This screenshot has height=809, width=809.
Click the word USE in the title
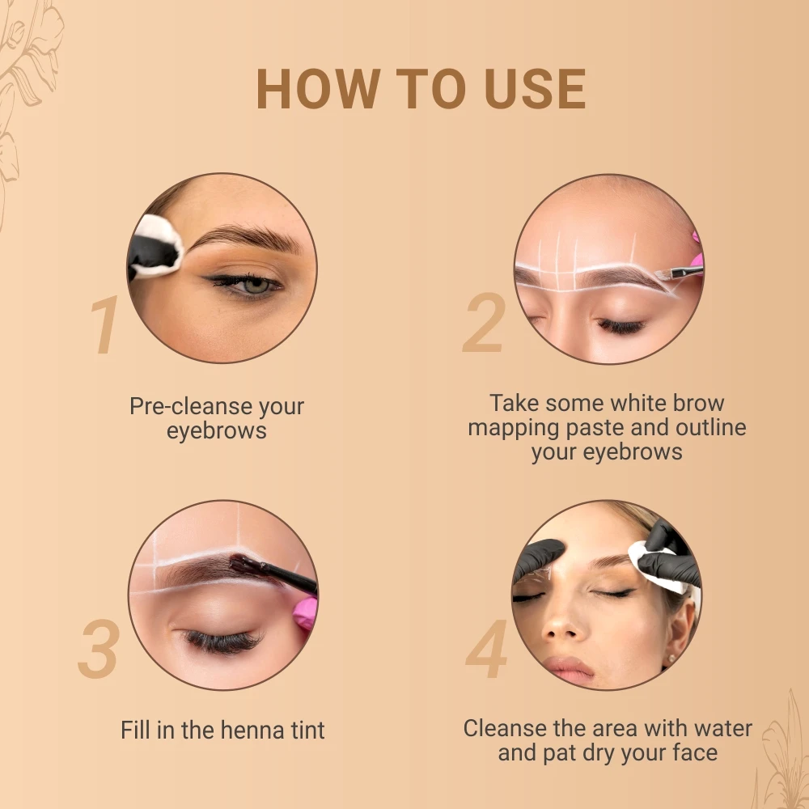(x=536, y=90)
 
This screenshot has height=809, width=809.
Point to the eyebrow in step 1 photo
(x=243, y=237)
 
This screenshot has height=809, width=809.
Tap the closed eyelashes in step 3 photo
(x=220, y=641)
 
